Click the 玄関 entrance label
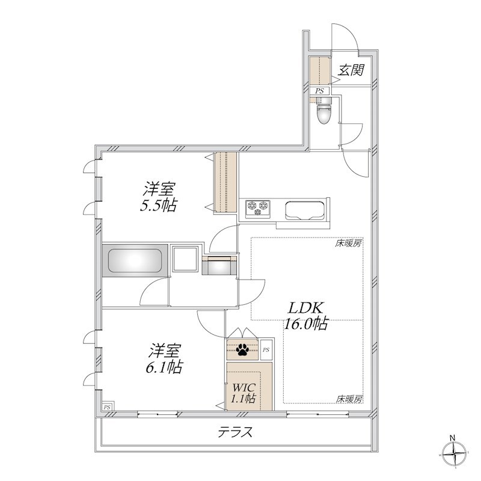(351, 70)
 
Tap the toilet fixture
(324, 111)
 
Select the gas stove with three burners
(258, 209)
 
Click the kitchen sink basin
(305, 210)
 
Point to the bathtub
(135, 260)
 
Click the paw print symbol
(242, 349)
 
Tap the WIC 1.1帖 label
(244, 393)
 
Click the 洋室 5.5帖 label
(158, 197)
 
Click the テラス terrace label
(235, 432)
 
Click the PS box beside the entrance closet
(320, 91)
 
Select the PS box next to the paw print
(266, 349)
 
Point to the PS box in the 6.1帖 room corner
(107, 407)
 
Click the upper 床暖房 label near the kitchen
(348, 244)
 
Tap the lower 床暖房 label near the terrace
(349, 399)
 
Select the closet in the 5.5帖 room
(226, 182)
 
